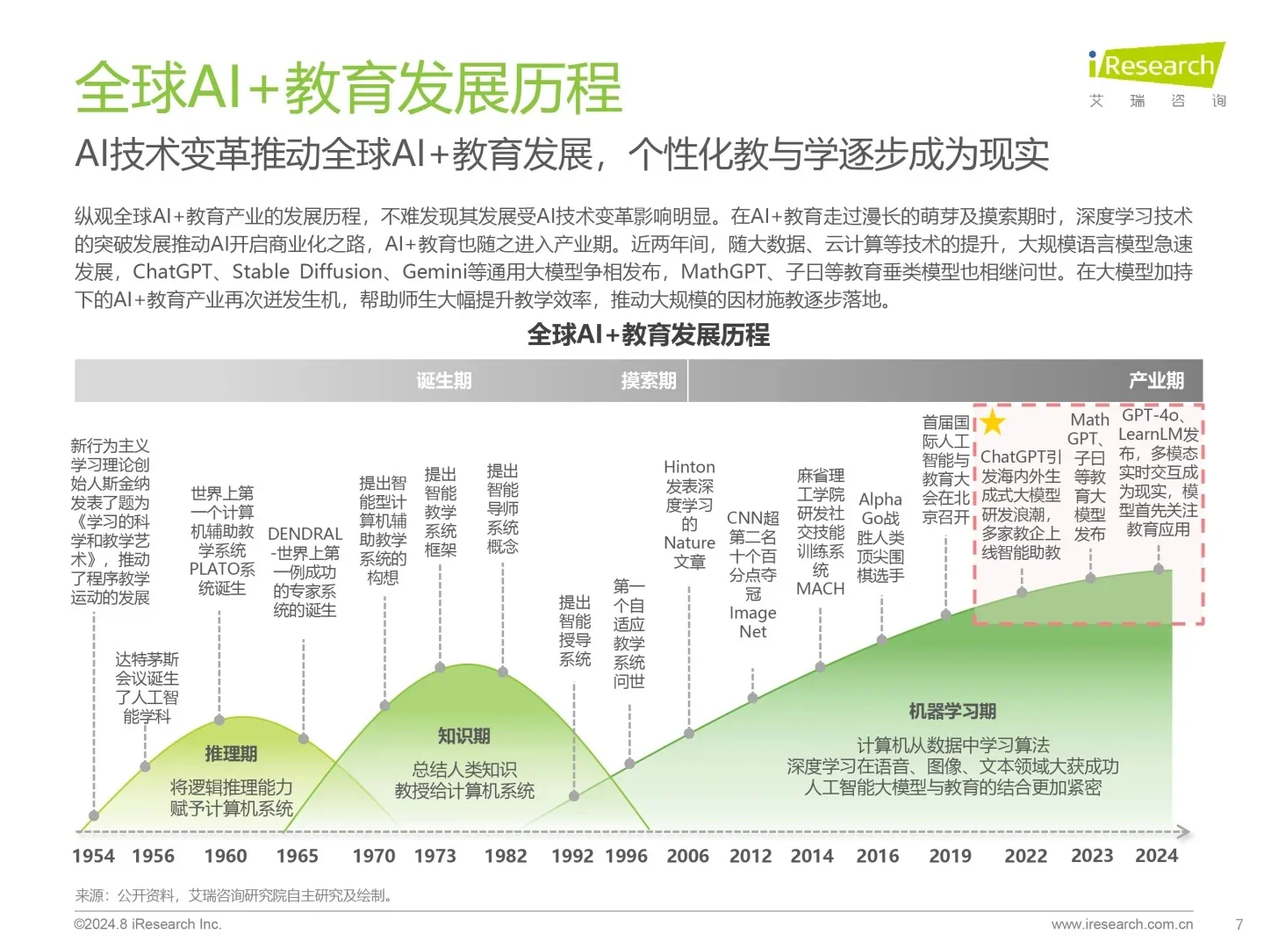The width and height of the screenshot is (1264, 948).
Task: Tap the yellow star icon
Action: pos(993,423)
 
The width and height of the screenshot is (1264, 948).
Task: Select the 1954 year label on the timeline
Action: pos(93,856)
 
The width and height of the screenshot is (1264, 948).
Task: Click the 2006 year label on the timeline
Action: pos(687,856)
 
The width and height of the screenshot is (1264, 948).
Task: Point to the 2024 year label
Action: pos(1156,856)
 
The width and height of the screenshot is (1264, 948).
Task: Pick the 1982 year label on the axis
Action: pos(506,856)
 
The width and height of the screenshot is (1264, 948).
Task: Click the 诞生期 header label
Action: pos(444,381)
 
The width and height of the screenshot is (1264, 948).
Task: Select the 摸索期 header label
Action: pos(649,381)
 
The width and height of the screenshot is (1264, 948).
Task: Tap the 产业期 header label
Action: pos(1156,381)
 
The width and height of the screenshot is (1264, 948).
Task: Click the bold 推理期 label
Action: pos(231,754)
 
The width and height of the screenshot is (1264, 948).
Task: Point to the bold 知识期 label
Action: pos(463,736)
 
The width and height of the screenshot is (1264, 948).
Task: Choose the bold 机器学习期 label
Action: pos(952,711)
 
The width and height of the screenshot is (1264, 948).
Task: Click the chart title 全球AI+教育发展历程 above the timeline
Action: pos(648,334)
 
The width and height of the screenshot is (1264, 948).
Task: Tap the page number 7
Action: pos(1239,924)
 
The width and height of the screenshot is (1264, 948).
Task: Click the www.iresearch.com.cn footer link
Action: pos(1122,924)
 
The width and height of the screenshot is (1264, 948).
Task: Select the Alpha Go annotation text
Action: pos(880,536)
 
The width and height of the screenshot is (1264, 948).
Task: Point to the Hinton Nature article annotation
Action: pos(689,514)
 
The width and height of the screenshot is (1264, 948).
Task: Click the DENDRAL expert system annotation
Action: pos(305,571)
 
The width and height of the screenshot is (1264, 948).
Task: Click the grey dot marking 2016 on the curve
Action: pos(882,640)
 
